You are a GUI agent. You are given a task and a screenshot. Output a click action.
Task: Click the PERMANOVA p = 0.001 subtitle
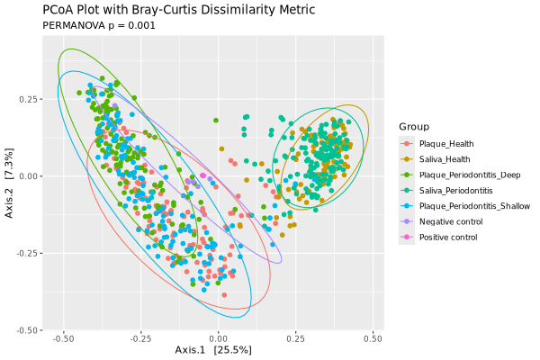(99, 25)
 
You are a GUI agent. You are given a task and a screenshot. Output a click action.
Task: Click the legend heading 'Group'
(415, 127)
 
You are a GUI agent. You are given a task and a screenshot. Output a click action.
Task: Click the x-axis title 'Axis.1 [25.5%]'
(213, 349)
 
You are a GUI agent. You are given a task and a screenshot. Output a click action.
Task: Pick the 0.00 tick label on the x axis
(219, 339)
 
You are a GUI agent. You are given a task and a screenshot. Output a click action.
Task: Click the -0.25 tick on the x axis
(139, 339)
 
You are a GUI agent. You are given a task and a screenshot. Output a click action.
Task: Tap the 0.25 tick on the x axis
(296, 339)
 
